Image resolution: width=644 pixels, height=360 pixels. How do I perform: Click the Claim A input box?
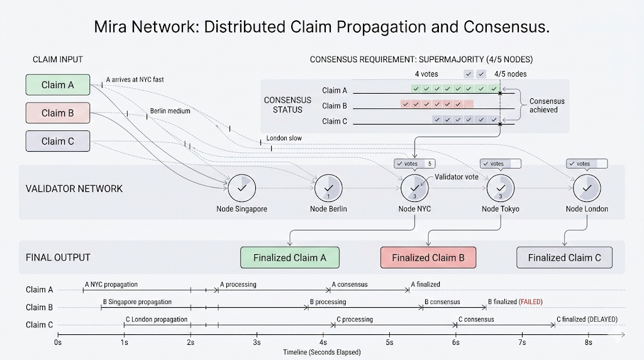tap(58, 85)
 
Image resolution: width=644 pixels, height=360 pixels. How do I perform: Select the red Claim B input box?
tap(58, 113)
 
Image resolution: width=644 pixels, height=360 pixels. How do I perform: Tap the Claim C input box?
tap(58, 141)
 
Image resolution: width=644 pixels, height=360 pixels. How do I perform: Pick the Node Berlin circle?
tap(328, 187)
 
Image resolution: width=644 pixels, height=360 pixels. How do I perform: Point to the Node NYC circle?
tap(414, 187)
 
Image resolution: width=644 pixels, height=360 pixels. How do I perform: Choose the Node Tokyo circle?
tap(501, 187)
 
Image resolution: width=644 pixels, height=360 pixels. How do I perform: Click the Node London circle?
tap(587, 187)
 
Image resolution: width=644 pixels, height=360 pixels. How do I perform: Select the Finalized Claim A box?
tap(290, 257)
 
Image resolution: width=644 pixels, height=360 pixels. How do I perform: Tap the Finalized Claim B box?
tap(428, 257)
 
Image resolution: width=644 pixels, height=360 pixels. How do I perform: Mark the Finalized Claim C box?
tap(564, 257)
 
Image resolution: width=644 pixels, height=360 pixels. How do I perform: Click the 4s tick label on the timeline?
tap(323, 342)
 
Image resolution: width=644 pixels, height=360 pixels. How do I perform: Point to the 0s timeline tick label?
tap(58, 342)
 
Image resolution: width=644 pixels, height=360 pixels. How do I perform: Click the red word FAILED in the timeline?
tap(530, 302)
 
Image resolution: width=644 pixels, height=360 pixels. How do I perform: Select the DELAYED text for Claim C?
tap(601, 319)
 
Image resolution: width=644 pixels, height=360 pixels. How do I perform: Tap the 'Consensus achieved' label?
tap(547, 105)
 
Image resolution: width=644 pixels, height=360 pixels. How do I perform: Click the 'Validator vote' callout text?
tap(457, 177)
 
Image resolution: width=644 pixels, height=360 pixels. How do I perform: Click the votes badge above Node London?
tap(587, 164)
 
